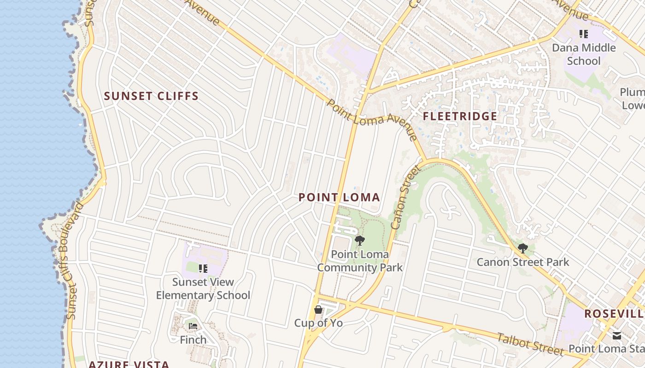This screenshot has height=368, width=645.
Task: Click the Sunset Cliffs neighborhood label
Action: click(151, 96)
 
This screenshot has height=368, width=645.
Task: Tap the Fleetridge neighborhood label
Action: click(460, 116)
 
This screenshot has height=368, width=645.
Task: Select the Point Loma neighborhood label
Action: click(339, 197)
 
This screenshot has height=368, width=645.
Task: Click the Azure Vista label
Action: click(129, 364)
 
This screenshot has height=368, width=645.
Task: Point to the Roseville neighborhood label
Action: click(614, 314)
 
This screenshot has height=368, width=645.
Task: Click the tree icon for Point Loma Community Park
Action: click(360, 241)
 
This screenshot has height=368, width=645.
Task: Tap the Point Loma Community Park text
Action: click(360, 261)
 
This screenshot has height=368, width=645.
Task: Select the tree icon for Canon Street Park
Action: click(522, 249)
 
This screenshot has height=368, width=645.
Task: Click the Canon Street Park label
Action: click(523, 262)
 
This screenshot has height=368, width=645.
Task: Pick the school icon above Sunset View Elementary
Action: click(203, 269)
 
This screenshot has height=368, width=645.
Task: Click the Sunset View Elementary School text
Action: click(203, 288)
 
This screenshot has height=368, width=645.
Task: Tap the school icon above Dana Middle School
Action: click(584, 34)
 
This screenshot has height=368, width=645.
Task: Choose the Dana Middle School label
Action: click(584, 54)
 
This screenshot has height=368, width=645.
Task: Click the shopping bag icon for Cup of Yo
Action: click(318, 310)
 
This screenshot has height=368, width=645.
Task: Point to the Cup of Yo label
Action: click(318, 323)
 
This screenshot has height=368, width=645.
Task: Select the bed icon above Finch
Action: click(193, 326)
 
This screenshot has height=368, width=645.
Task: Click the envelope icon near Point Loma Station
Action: click(617, 335)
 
